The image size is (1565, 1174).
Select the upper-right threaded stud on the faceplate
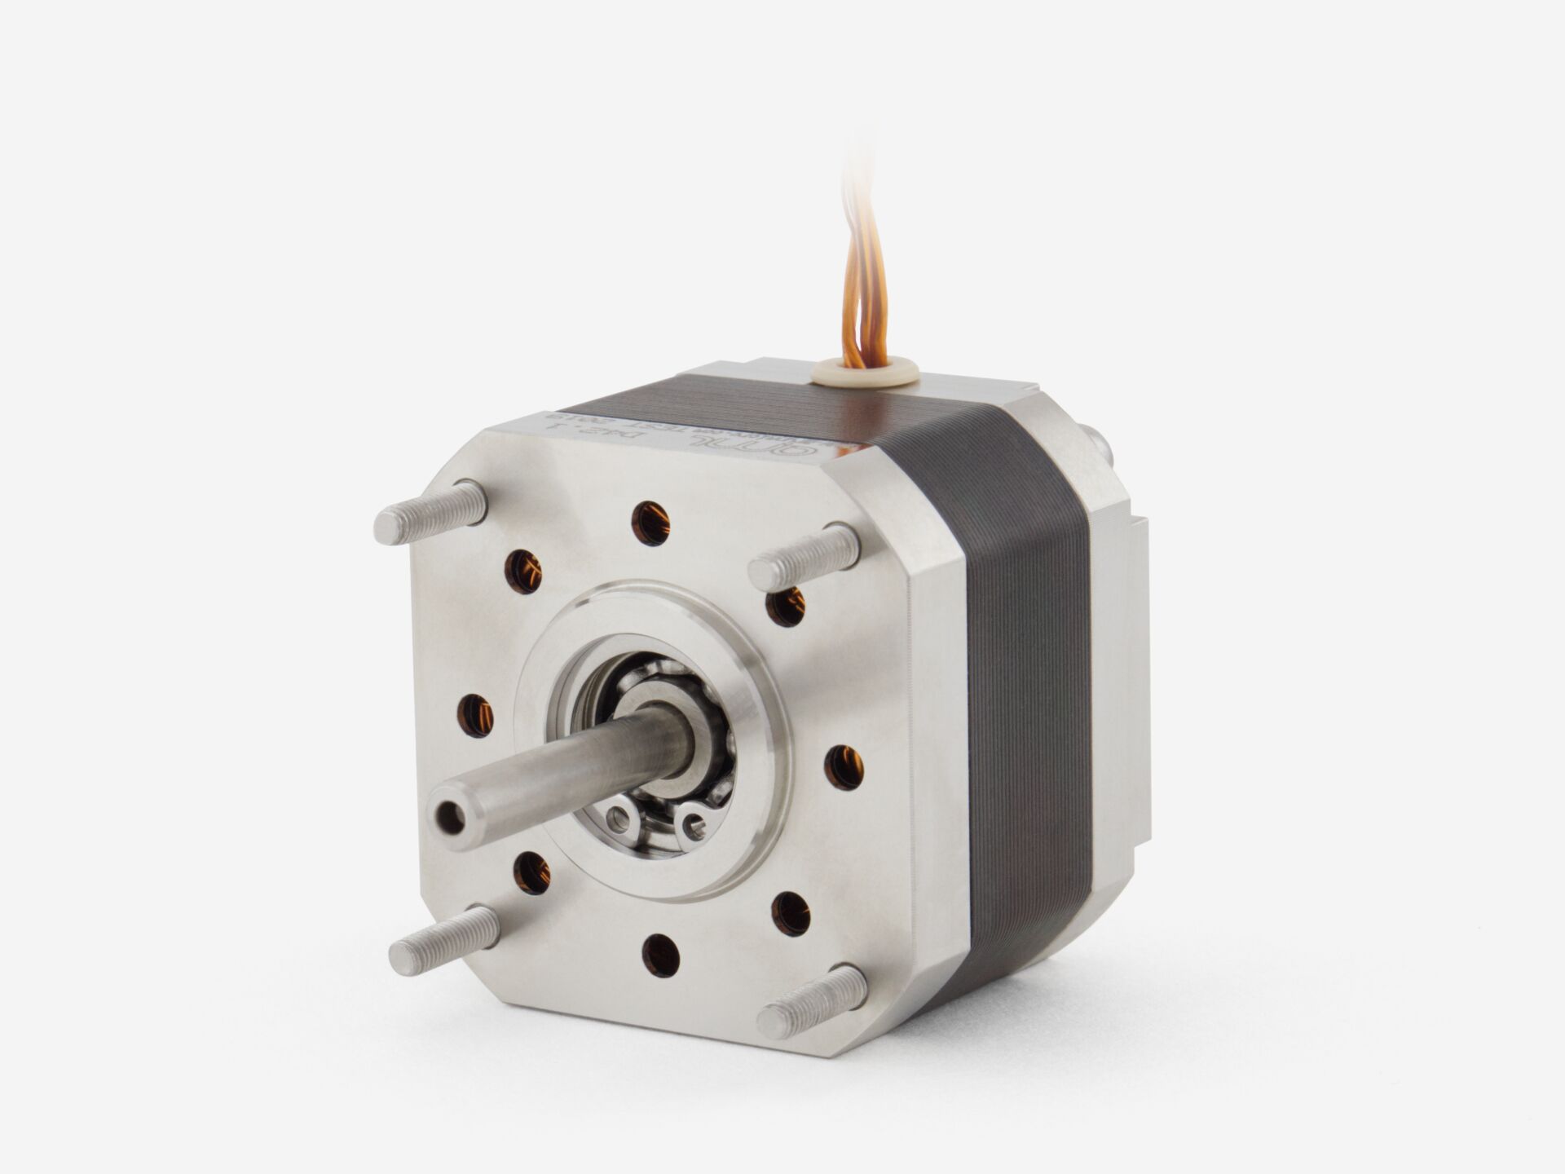[804, 557]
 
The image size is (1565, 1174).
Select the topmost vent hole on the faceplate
[650, 523]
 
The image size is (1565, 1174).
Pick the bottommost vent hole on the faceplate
[661, 956]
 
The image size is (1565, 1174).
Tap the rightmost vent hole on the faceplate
[844, 767]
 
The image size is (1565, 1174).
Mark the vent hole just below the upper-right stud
[786, 606]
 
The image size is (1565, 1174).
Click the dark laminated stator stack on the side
[1019, 693]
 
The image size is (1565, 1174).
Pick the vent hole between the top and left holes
[523, 572]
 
